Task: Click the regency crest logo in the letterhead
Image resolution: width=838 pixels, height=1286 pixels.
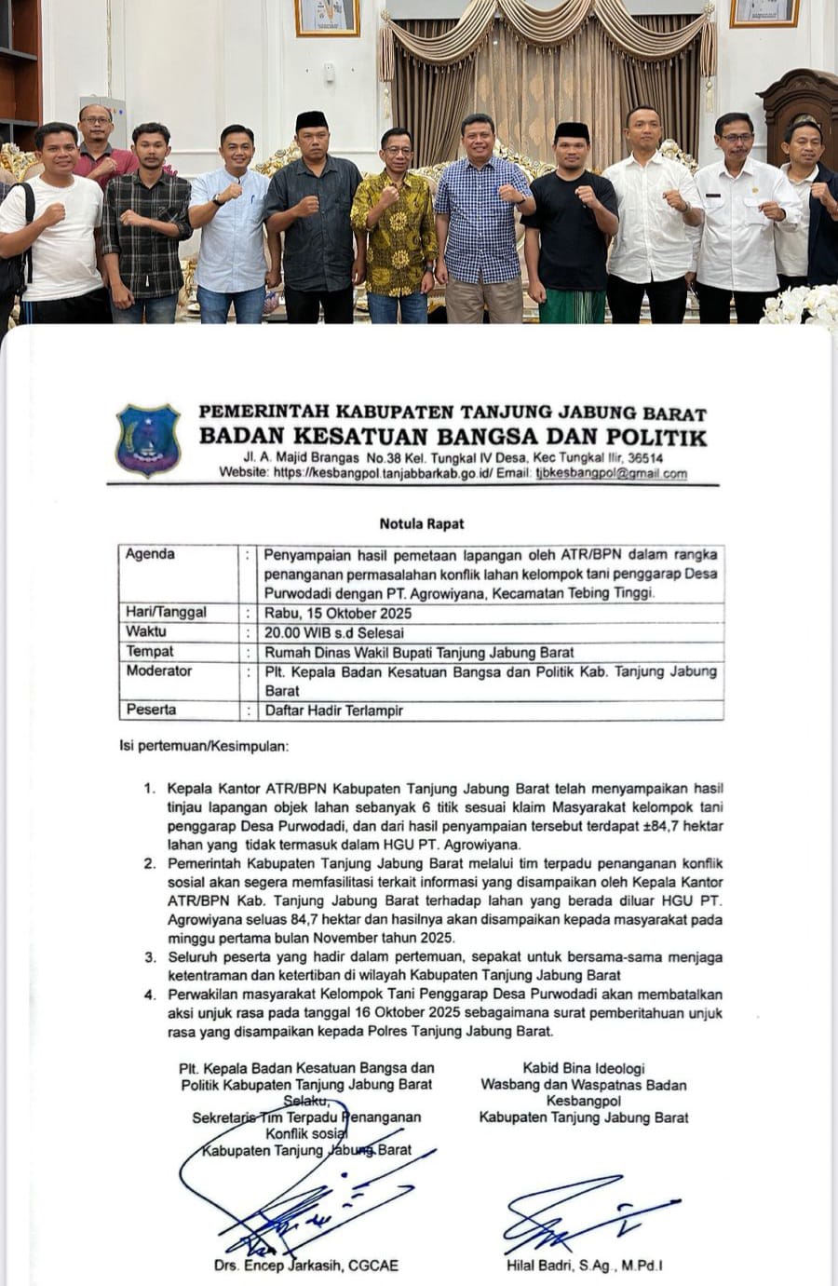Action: tap(147, 440)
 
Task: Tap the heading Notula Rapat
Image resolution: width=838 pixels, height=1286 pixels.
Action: tap(421, 523)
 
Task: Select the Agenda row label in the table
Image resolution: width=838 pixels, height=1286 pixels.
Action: tap(150, 554)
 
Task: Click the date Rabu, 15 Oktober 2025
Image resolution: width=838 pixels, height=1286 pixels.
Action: tap(338, 613)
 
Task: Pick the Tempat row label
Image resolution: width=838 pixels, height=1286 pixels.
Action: tap(150, 652)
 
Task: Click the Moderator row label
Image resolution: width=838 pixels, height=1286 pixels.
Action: tap(158, 671)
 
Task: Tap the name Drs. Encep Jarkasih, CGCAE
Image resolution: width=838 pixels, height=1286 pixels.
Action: tap(305, 1265)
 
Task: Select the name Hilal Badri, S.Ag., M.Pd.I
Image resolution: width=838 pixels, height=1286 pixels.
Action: tap(585, 1265)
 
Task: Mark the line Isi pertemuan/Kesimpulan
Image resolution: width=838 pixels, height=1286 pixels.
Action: tap(204, 746)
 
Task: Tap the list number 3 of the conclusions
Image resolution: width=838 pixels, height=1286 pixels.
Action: tap(150, 956)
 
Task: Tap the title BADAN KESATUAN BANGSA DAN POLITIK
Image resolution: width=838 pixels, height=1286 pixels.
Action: tap(453, 437)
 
